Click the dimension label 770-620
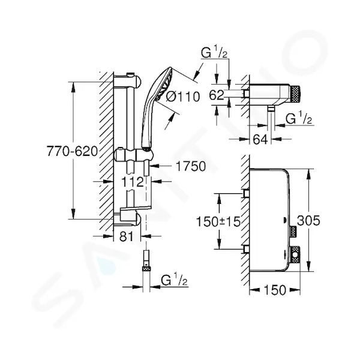73,151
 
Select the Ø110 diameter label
183,97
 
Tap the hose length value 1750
191,166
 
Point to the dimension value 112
132,182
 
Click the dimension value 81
127,236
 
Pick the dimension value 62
217,95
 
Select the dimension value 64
260,139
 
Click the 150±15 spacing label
218,221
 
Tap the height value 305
308,221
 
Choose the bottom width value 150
275,290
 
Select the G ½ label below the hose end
174,280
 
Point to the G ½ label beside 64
299,118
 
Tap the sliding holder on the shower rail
133,155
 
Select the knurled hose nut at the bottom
146,269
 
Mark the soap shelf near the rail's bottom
135,208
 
